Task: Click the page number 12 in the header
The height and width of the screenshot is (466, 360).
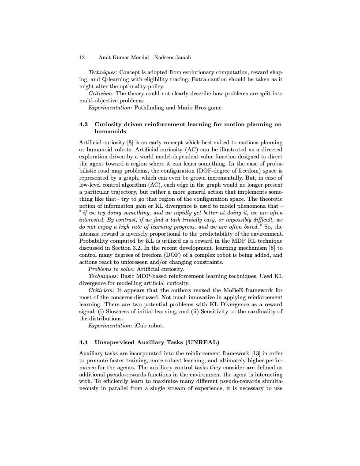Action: coord(82,58)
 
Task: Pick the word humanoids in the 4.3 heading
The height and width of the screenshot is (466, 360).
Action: coord(110,131)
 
